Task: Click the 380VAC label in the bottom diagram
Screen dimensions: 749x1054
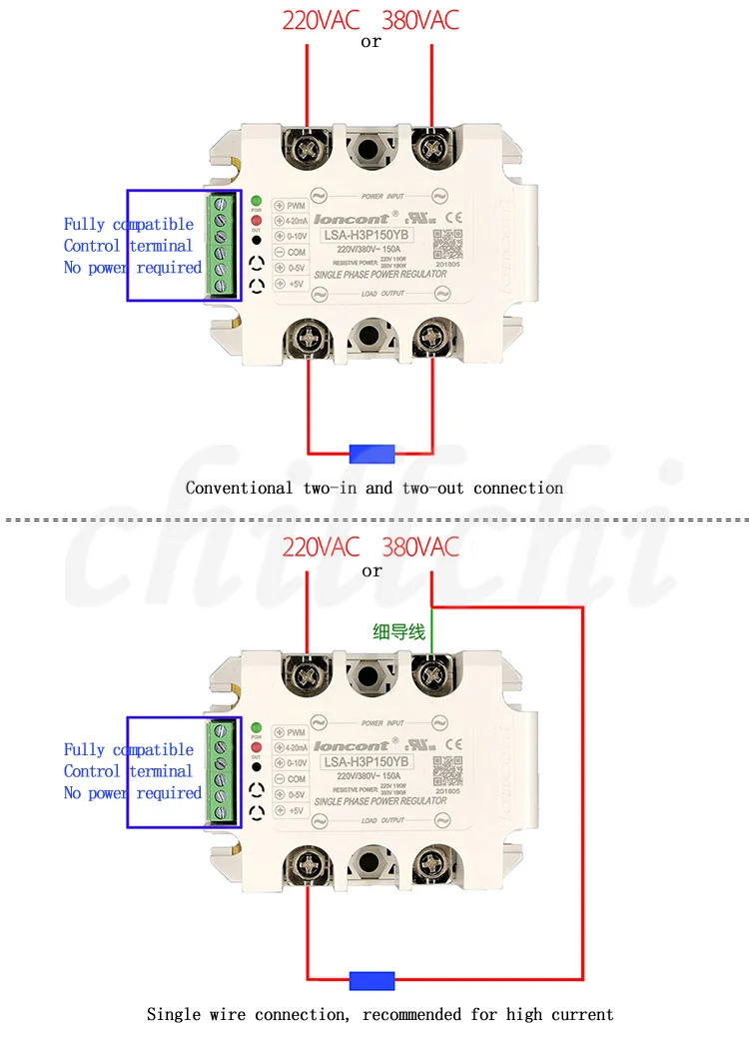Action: pos(420,546)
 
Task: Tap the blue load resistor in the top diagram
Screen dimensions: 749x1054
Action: pos(372,454)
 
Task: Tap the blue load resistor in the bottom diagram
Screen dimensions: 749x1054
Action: pos(372,980)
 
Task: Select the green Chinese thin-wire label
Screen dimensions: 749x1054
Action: pos(398,631)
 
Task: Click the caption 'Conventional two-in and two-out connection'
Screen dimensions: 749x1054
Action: pos(374,489)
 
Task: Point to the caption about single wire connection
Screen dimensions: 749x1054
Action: pos(379,1014)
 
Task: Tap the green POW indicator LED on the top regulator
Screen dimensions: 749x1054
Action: pos(256,200)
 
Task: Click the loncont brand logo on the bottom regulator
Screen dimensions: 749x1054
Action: pos(351,745)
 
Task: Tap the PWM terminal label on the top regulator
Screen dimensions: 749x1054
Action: pos(296,205)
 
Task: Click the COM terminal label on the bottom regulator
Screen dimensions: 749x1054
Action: pos(296,779)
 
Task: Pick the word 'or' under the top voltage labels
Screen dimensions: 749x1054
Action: pos(372,43)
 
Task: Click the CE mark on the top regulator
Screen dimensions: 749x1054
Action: pos(451,217)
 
